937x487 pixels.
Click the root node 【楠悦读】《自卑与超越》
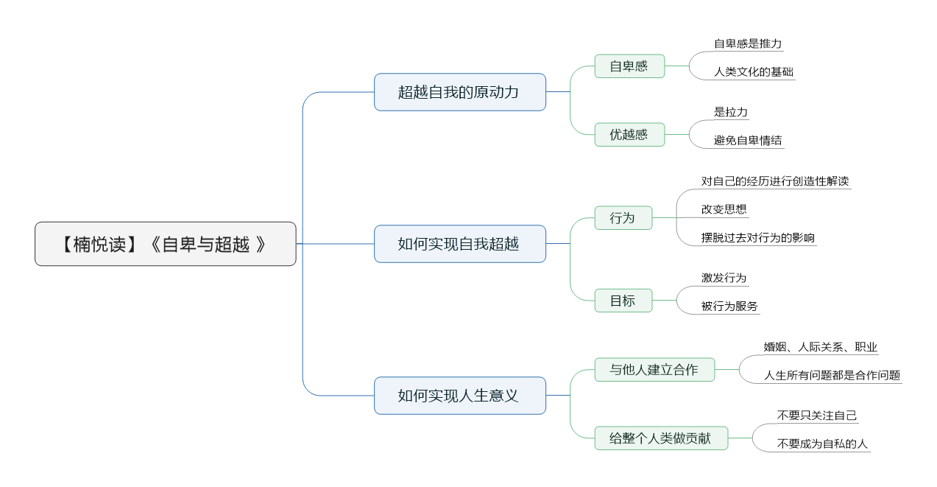[x=165, y=244]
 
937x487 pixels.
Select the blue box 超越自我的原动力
[x=460, y=92]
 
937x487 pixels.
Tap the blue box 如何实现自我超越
[x=460, y=244]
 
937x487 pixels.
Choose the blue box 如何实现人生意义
[x=460, y=396]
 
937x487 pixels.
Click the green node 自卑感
[x=629, y=66]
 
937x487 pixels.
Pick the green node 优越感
[x=629, y=134]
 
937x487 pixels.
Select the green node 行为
[x=623, y=218]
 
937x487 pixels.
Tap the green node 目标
[x=623, y=301]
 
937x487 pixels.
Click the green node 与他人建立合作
[x=654, y=370]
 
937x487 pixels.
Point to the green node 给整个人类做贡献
[x=661, y=438]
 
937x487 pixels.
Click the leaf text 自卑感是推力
[x=748, y=43]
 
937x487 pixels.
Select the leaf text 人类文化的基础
[x=754, y=71]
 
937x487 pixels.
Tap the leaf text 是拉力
[x=731, y=112]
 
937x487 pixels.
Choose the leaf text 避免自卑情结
[x=748, y=140]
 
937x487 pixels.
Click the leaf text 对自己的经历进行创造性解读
[x=775, y=181]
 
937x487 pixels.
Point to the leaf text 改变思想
[x=724, y=209]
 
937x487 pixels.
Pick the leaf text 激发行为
[x=724, y=278]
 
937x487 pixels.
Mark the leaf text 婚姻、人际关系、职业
[x=820, y=347]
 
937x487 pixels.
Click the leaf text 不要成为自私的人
[x=822, y=444]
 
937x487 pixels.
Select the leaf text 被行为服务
[x=729, y=306]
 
